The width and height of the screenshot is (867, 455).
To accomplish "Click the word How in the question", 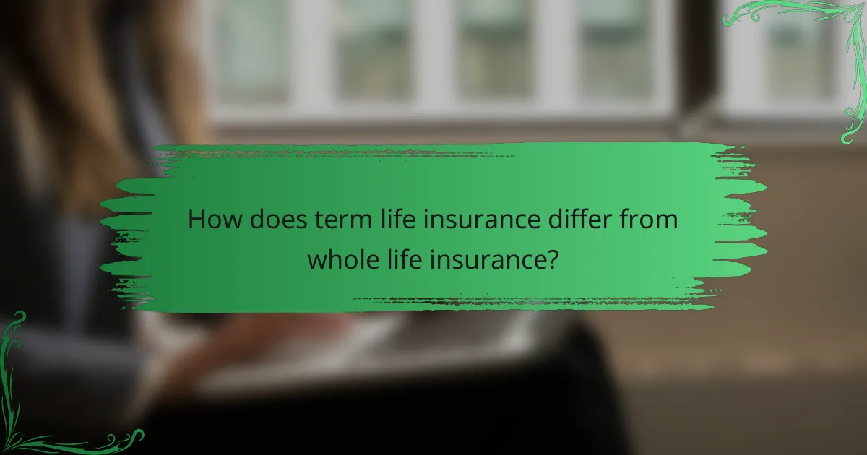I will click(215, 220).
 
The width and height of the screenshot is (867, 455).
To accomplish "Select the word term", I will click(338, 220).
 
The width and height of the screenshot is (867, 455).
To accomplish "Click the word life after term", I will click(392, 220).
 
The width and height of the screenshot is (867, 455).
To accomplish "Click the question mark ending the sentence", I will click(552, 259).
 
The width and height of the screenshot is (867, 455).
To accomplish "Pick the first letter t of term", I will click(317, 220).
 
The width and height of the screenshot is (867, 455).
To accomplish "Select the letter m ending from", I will click(668, 222).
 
